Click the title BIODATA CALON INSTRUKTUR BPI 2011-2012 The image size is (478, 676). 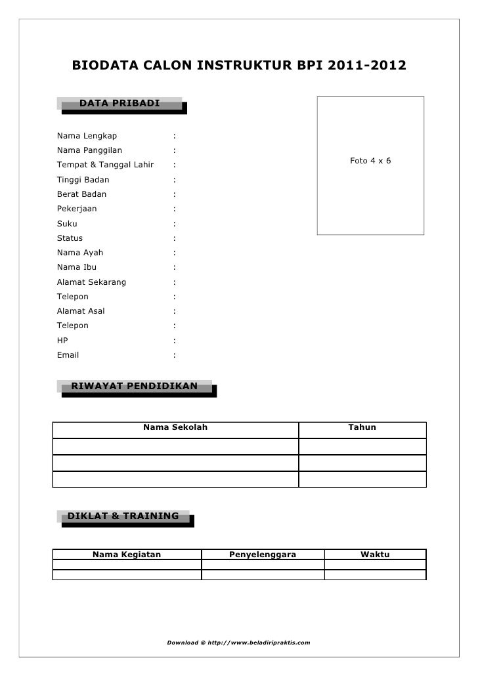coord(239,66)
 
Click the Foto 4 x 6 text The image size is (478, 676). coord(370,160)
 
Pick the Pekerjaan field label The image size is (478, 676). coord(77,209)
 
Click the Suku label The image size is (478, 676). coord(67,224)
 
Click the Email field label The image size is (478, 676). coord(68,355)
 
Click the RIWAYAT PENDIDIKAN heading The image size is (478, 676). coord(134,386)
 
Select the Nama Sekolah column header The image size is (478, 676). coord(175,427)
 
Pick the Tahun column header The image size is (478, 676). coord(362,427)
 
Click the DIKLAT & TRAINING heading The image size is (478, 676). coord(123,516)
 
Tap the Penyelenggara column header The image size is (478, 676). coord(263,555)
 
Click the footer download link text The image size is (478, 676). coord(239,641)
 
